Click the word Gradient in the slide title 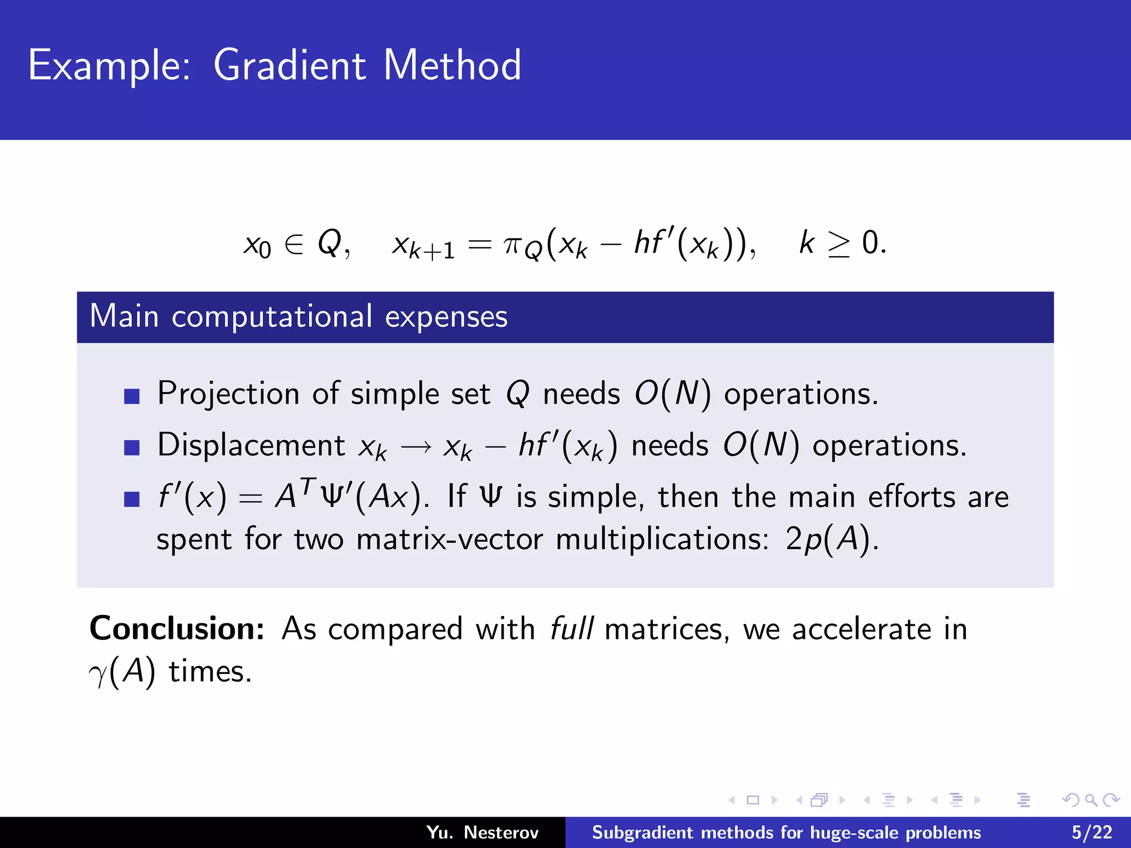289,65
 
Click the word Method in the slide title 452,65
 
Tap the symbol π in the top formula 512,244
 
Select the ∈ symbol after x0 294,244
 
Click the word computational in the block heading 272,317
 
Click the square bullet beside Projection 132,396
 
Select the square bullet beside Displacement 132,447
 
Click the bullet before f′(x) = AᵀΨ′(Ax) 132,499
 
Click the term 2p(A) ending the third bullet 830,539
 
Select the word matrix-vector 449,539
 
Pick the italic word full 572,629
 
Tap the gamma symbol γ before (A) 98,674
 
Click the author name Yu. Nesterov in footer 482,833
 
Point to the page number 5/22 1092,833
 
